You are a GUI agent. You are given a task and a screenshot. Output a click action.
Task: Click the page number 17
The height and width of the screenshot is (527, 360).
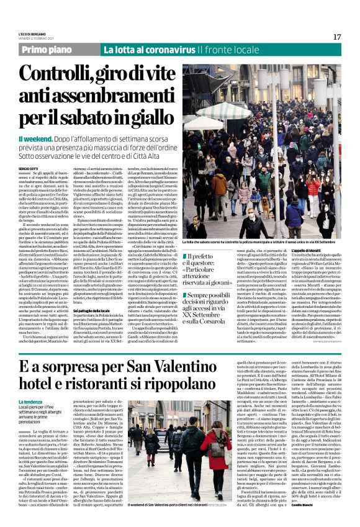pyautogui.click(x=337, y=37)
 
